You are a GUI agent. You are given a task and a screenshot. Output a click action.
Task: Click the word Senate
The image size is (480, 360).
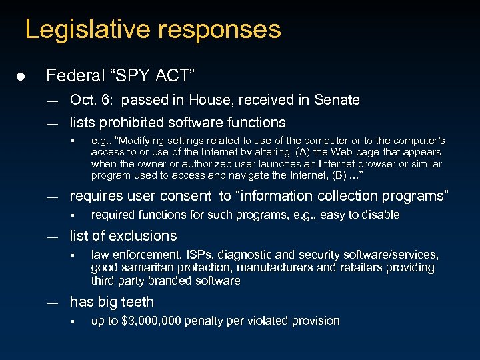(337, 100)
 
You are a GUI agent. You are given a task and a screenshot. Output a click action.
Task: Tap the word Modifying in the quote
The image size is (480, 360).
(143, 141)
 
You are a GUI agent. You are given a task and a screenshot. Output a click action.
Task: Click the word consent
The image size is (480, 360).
(189, 196)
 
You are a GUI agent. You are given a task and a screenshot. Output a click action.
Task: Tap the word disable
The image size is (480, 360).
(379, 215)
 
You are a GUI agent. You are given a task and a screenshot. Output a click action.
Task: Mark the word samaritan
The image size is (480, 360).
(146, 267)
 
